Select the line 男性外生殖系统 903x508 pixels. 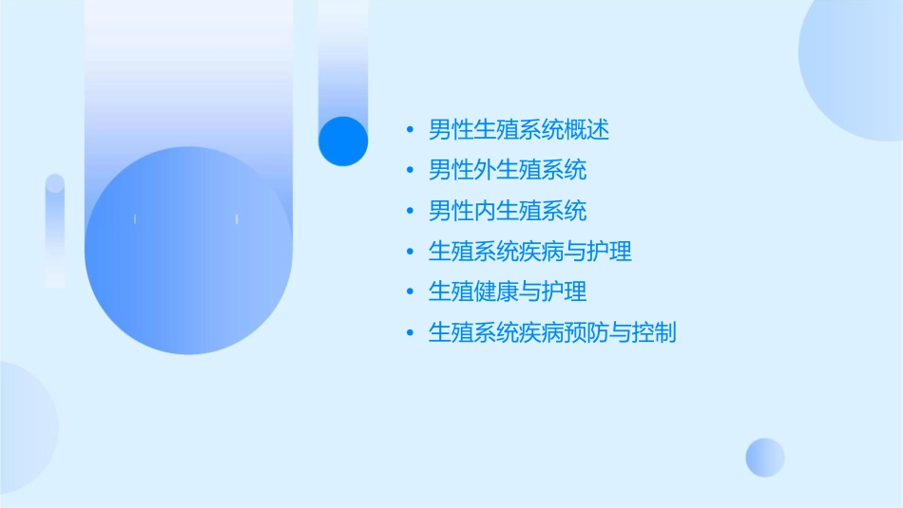pyautogui.click(x=507, y=170)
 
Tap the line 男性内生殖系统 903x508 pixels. pyautogui.click(x=507, y=211)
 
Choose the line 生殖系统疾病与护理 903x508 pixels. pyautogui.click(x=529, y=252)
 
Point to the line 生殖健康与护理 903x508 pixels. pyautogui.click(x=507, y=292)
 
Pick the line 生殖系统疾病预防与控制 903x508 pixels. pyautogui.click(x=552, y=332)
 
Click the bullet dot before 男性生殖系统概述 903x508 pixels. pyautogui.click(x=410, y=130)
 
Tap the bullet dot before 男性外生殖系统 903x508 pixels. pyautogui.click(x=410, y=171)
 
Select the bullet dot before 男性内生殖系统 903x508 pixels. pyautogui.click(x=410, y=212)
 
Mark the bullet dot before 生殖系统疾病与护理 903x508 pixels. pyautogui.click(x=410, y=253)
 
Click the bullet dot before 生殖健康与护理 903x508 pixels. pyautogui.click(x=410, y=292)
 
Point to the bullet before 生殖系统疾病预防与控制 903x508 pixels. pyautogui.click(x=410, y=333)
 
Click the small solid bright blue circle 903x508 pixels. pyautogui.click(x=343, y=141)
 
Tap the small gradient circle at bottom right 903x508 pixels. pyautogui.click(x=765, y=457)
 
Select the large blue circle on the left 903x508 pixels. pyautogui.click(x=188, y=252)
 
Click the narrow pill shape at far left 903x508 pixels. pyautogui.click(x=55, y=231)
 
